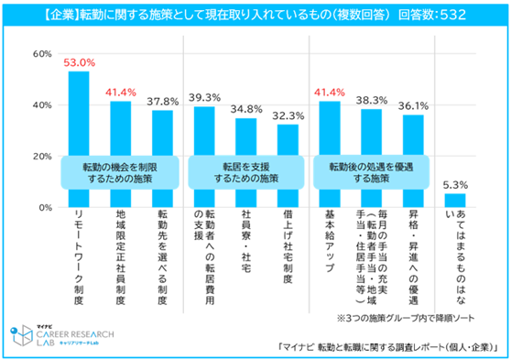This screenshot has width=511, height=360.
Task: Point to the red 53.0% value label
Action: click(79, 62)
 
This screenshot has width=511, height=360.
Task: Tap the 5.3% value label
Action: click(455, 184)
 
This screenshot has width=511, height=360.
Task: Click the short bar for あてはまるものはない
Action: click(455, 201)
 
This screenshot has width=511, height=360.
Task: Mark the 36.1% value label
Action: click(413, 105)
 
